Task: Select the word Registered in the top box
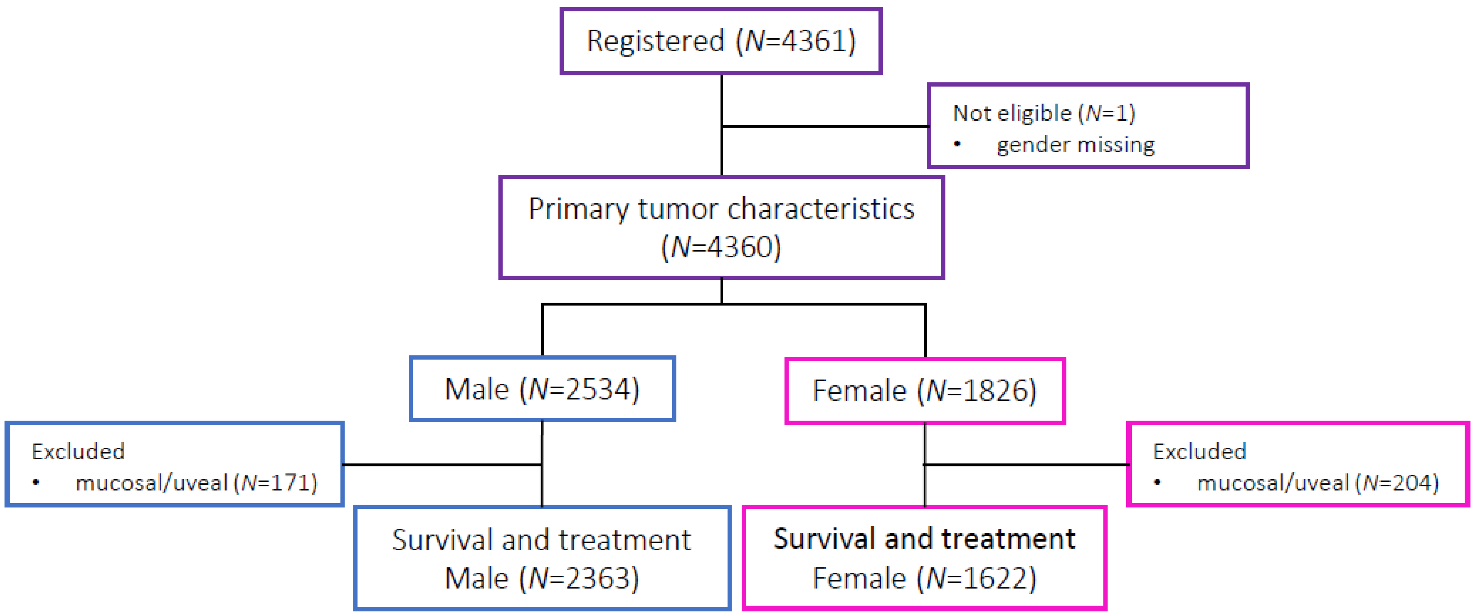(x=655, y=41)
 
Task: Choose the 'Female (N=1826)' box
(x=924, y=391)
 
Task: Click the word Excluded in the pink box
(x=1199, y=452)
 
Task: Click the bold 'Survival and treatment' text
(x=924, y=539)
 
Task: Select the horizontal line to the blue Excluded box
(x=442, y=465)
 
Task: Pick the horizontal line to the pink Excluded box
(x=1026, y=465)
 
